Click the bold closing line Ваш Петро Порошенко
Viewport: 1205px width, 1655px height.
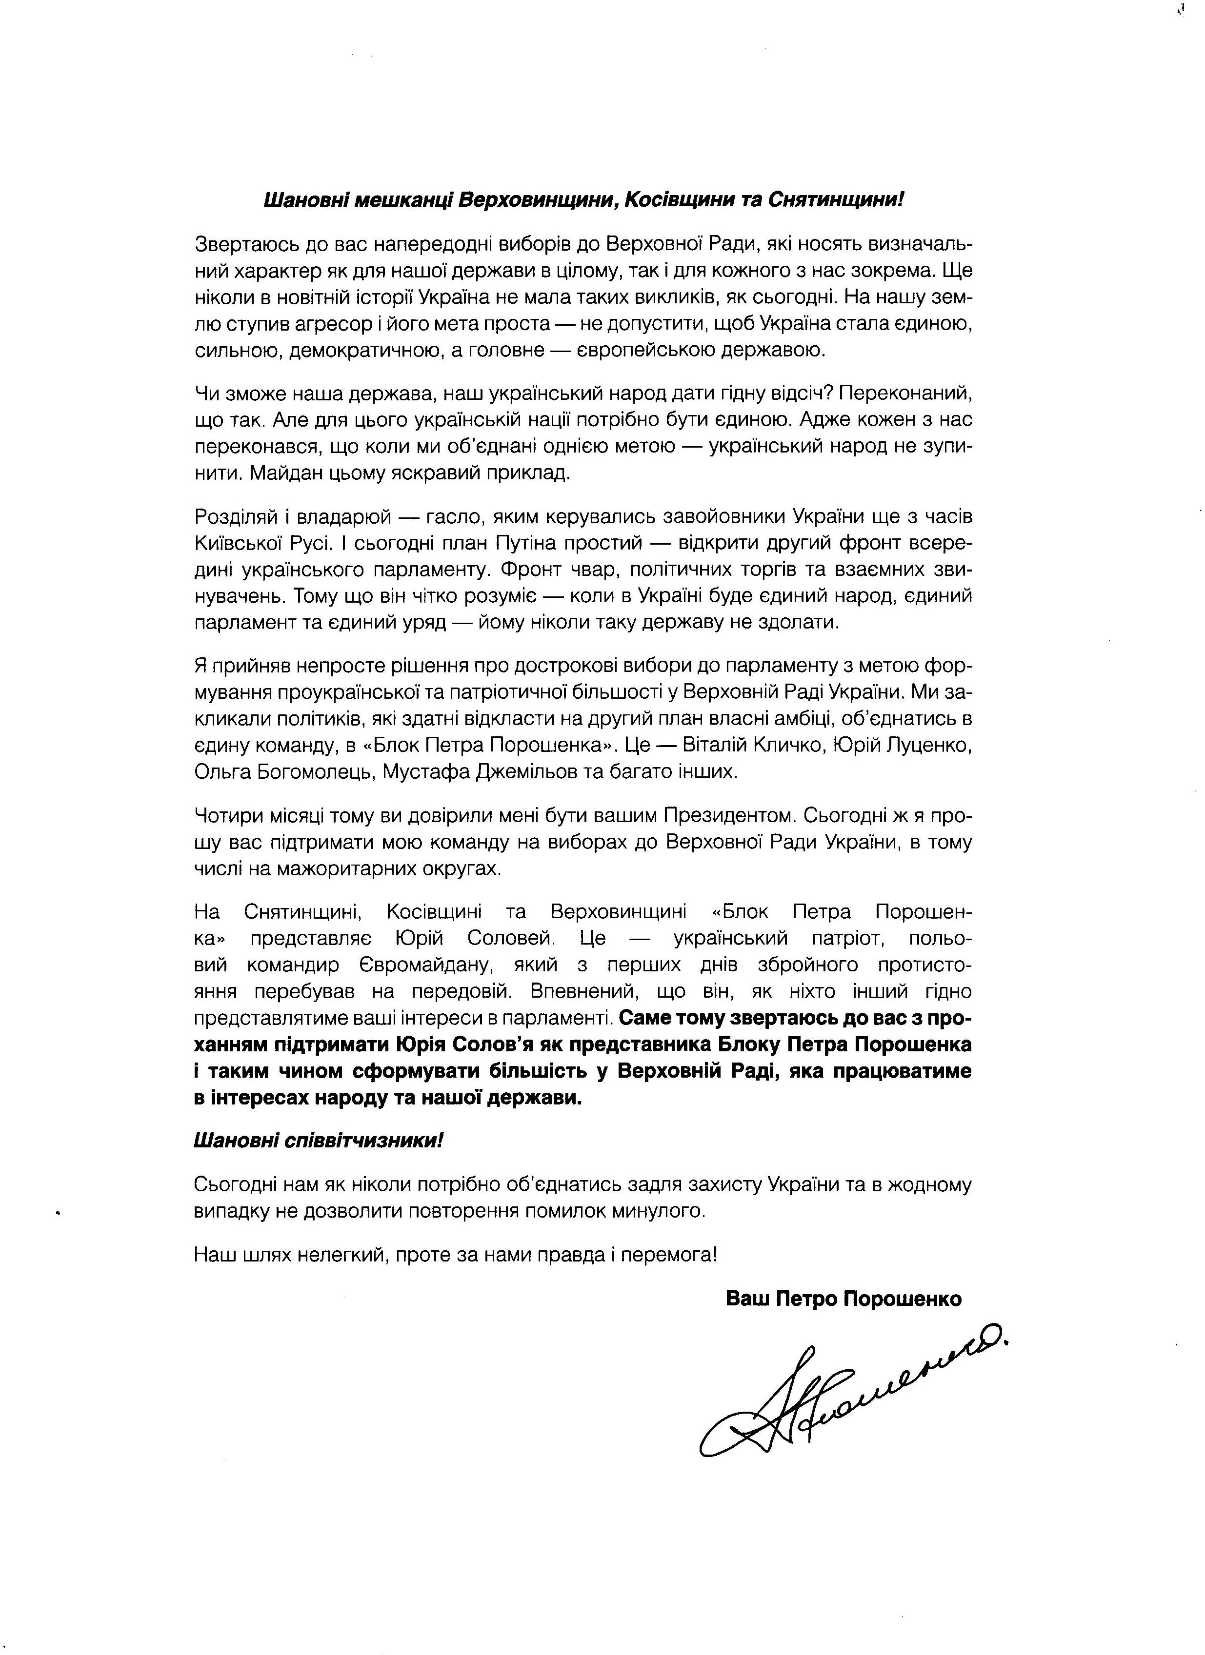843,1299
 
